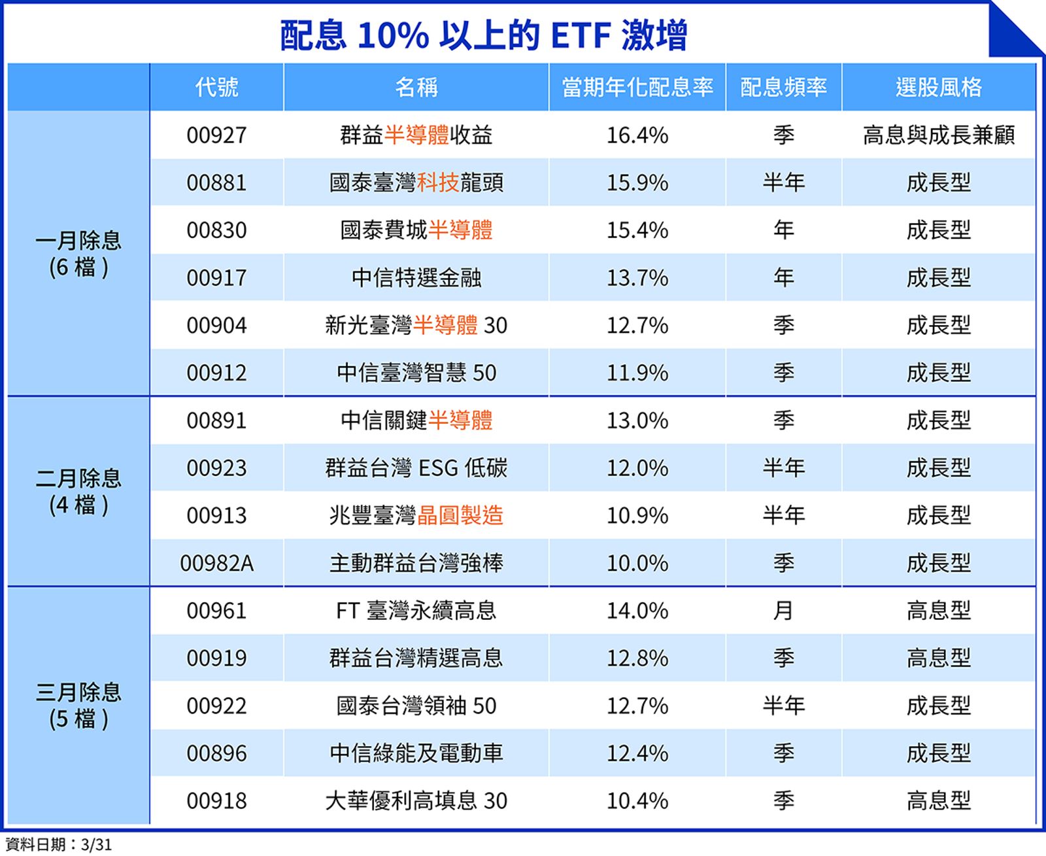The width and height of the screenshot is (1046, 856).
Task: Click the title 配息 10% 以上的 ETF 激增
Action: (483, 35)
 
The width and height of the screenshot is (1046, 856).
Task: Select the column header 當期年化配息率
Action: (637, 87)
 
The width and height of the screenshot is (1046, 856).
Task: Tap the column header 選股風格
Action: (938, 87)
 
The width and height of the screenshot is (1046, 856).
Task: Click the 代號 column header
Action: (216, 87)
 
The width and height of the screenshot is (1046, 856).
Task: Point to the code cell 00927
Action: (216, 135)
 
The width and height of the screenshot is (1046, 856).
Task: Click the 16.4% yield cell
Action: (637, 135)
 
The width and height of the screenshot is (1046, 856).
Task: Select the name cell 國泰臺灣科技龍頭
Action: (416, 182)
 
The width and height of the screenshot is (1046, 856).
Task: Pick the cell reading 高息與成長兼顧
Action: (938, 135)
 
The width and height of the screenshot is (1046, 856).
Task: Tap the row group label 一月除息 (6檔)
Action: (78, 254)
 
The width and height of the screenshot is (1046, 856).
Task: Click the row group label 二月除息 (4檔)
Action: (78, 491)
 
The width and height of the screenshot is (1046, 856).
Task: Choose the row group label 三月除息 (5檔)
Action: (78, 705)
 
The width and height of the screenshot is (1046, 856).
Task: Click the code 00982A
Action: (216, 563)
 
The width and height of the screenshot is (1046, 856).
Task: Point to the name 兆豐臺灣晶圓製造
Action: (416, 515)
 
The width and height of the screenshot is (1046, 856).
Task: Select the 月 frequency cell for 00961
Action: (783, 611)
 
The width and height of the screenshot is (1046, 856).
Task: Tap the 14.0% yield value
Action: (637, 611)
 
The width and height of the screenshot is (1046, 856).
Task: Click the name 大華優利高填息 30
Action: (416, 800)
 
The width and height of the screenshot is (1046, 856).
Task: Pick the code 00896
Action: (216, 753)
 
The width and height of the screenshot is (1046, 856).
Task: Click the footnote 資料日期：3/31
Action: (58, 844)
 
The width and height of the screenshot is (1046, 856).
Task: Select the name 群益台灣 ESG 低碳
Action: (416, 468)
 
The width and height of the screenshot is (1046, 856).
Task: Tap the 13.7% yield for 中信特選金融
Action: (637, 278)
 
